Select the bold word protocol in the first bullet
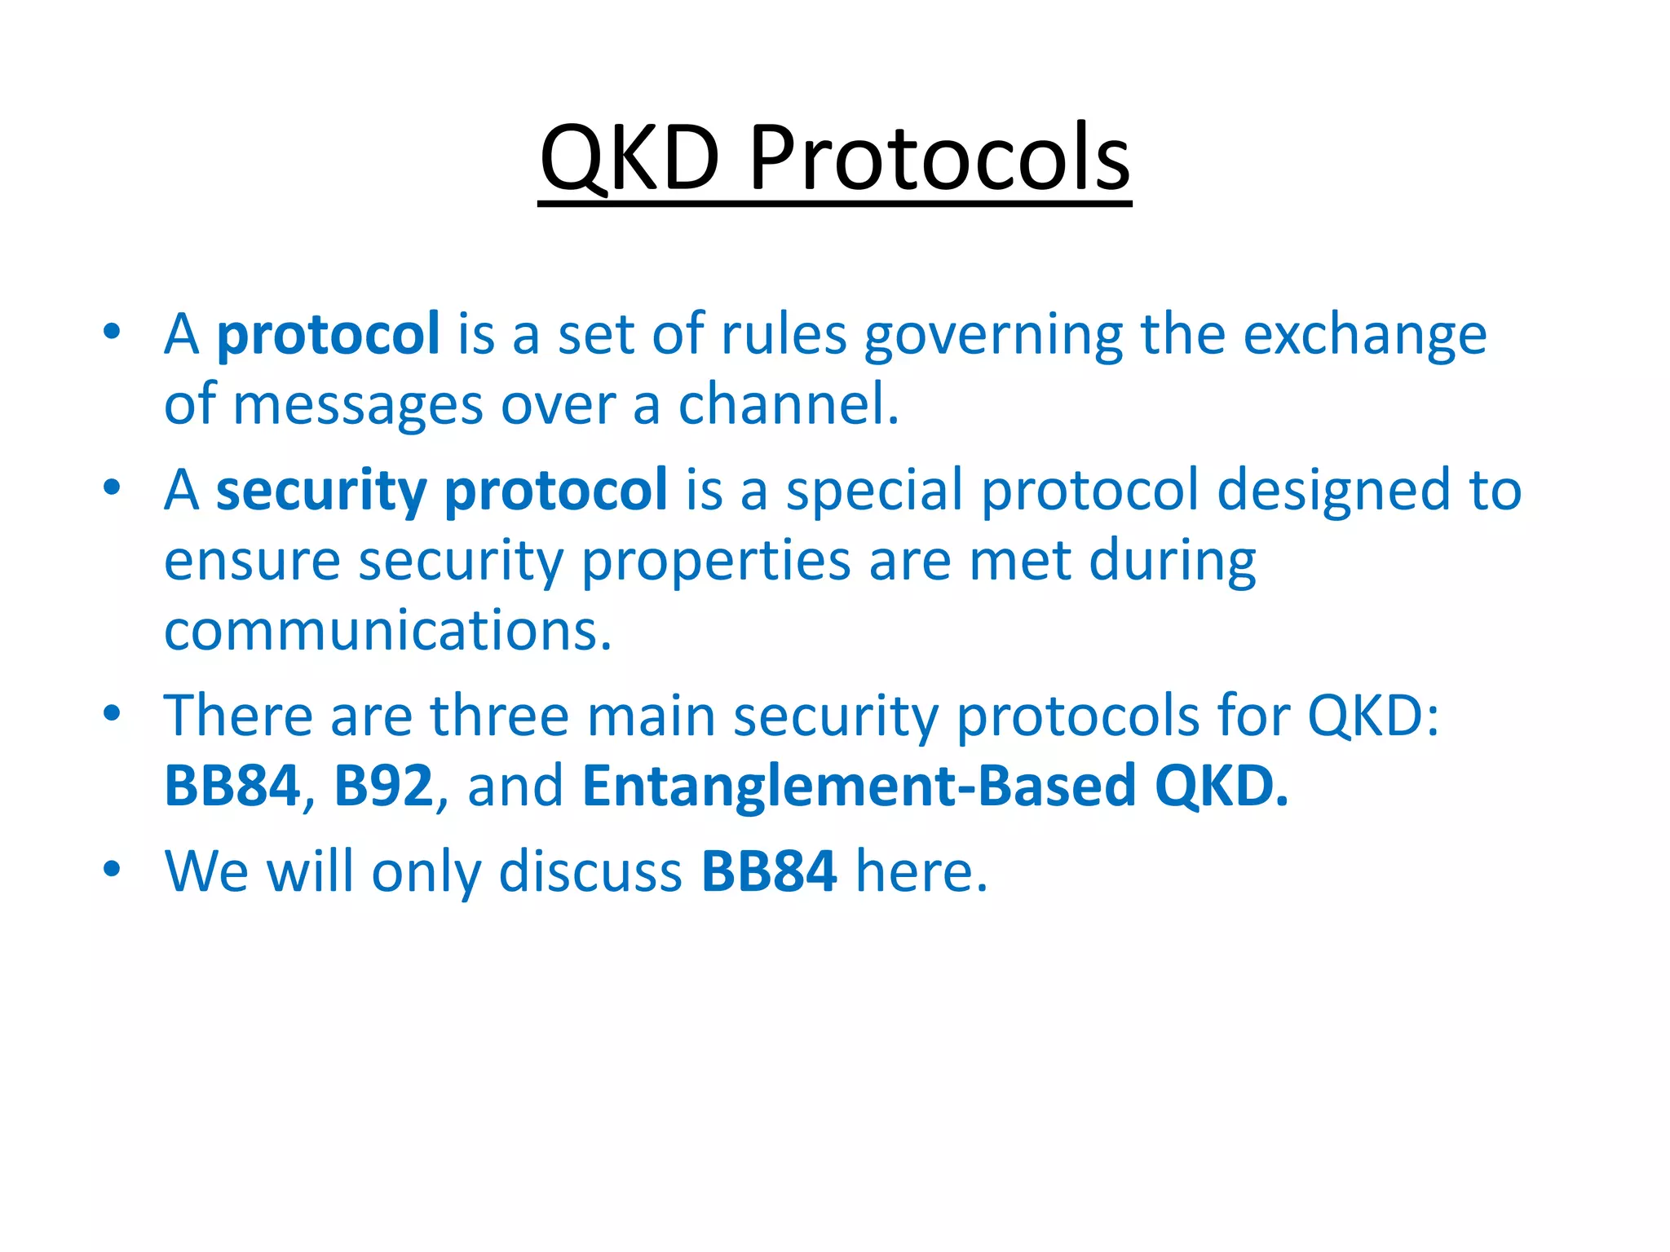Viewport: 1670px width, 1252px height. point(328,335)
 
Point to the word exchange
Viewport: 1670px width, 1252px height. point(1364,335)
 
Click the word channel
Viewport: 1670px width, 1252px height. point(788,405)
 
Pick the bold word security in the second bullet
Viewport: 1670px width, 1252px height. point(320,492)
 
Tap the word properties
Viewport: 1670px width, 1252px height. point(715,562)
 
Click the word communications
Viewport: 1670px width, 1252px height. point(387,632)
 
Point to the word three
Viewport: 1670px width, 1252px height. point(499,716)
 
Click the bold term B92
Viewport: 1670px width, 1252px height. point(383,786)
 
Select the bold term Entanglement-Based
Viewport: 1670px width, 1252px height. point(859,786)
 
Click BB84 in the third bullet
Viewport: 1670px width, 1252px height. point(232,786)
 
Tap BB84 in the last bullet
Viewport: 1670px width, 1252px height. point(768,871)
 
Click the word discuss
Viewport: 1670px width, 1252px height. point(590,871)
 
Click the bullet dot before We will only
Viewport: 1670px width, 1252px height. point(112,869)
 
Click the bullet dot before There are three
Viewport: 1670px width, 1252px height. point(112,714)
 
